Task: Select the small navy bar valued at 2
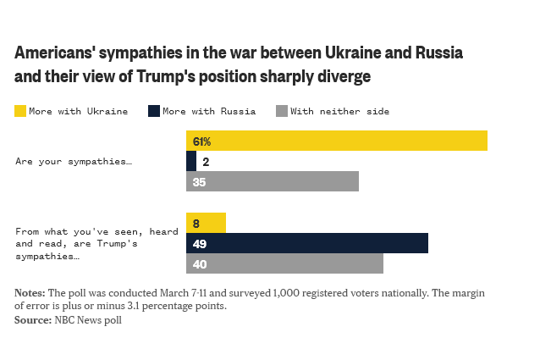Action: click(191, 161)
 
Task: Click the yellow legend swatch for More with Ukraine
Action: click(20, 111)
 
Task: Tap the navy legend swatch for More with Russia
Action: click(153, 111)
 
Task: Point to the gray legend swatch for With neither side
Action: click(282, 111)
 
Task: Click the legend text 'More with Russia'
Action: click(204, 111)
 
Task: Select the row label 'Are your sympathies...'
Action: click(73, 161)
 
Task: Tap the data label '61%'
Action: click(201, 141)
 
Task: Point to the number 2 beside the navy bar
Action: click(206, 162)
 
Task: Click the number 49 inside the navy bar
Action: click(200, 244)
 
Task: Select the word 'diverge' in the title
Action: click(340, 76)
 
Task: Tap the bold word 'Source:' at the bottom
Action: click(33, 320)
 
